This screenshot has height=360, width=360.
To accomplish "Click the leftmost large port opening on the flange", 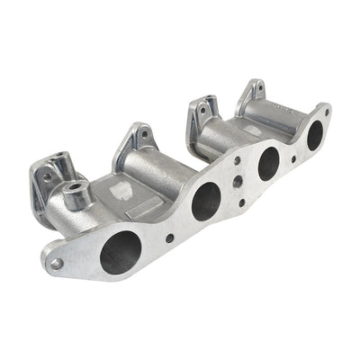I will pyautogui.click(x=120, y=253).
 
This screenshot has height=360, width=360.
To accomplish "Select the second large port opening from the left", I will pyautogui.click(x=205, y=201).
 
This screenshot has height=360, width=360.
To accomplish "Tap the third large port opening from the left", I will pyautogui.click(x=268, y=163).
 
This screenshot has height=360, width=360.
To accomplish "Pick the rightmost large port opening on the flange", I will pyautogui.click(x=315, y=135).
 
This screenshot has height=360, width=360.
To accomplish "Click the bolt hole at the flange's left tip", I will pyautogui.click(x=56, y=264).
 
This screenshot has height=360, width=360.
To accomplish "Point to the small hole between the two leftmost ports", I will pyautogui.click(x=170, y=238).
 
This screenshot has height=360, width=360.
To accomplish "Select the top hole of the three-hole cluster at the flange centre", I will pyautogui.click(x=238, y=160).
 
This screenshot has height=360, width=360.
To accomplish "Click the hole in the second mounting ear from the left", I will pyautogui.click(x=144, y=135).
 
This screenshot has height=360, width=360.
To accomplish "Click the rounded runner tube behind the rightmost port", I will pyautogui.click(x=279, y=117).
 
